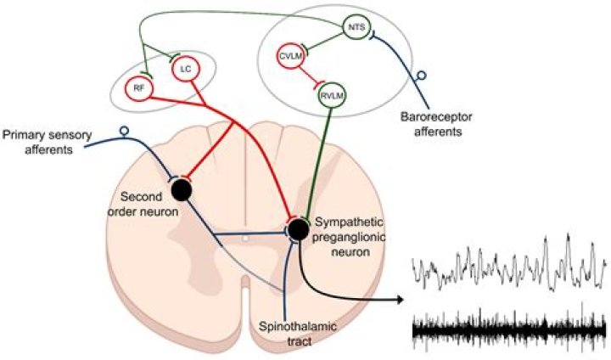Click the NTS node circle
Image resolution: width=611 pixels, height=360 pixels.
coord(356,27)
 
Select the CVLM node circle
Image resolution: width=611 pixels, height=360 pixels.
coord(292,56)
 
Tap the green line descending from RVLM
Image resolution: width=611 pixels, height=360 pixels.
coord(319,161)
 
